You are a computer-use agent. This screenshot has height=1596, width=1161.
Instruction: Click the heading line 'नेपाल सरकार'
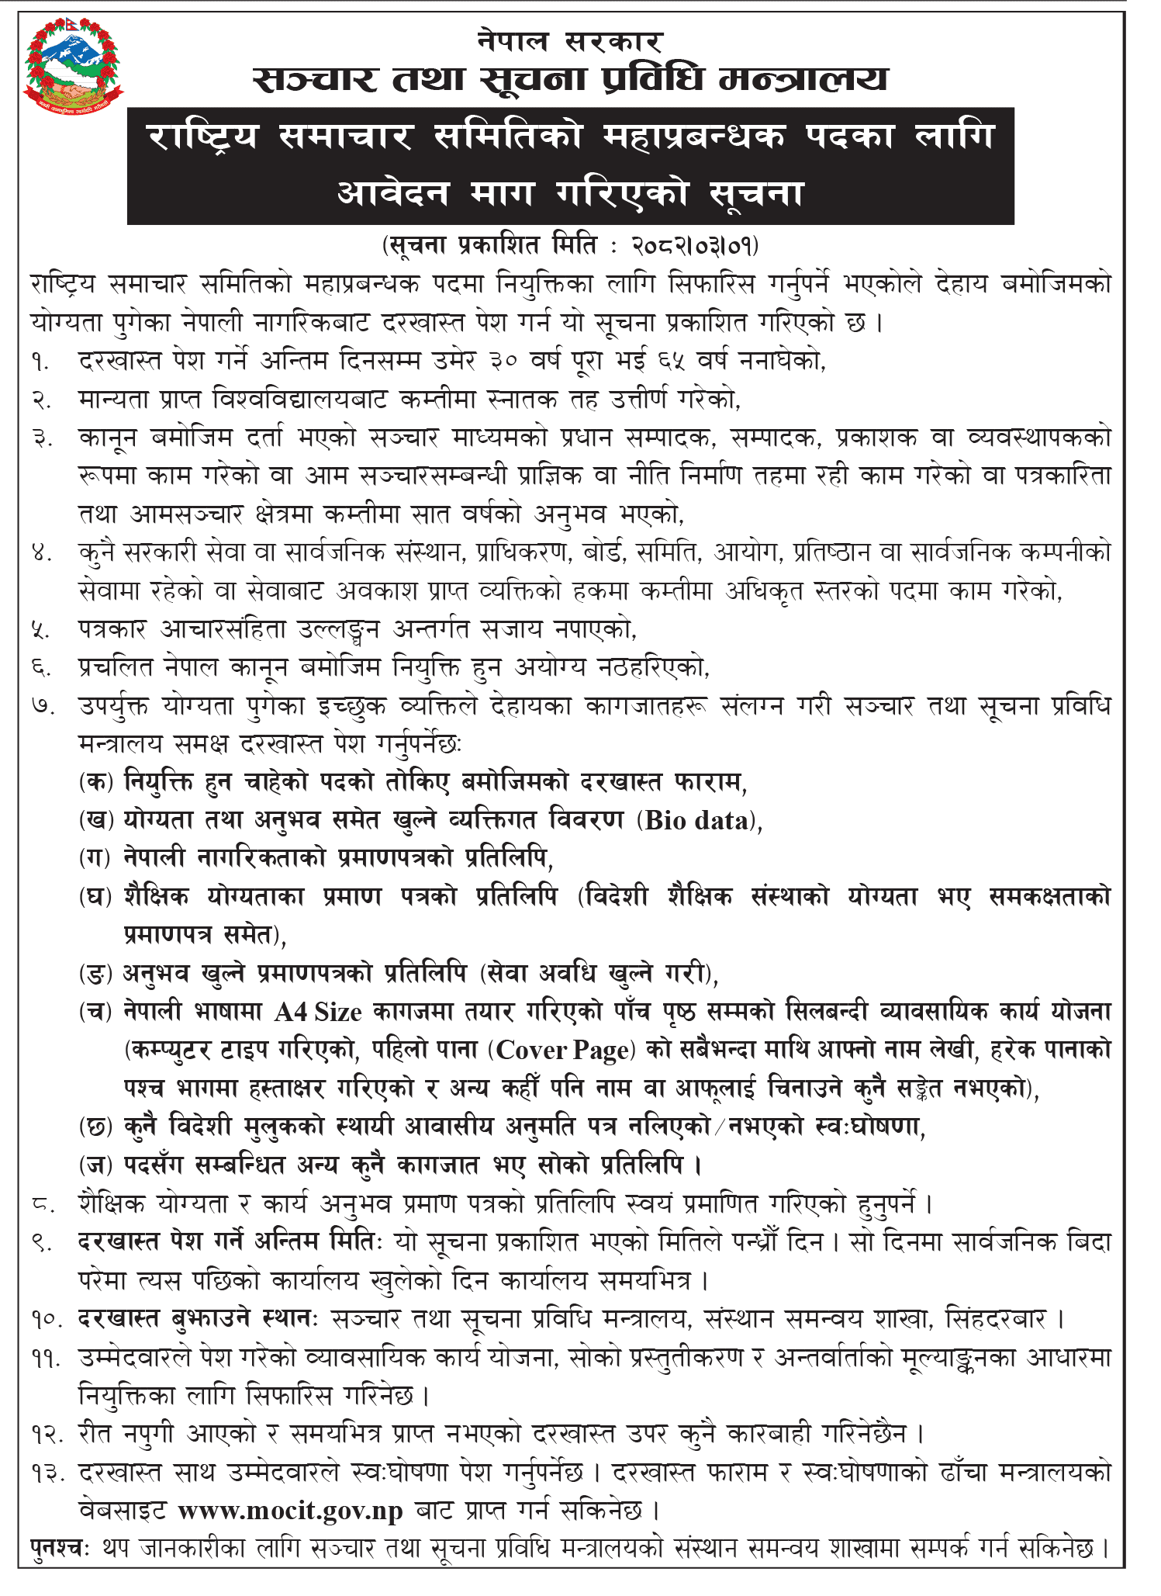[x=570, y=40]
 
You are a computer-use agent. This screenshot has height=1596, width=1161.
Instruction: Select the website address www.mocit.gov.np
[x=291, y=1511]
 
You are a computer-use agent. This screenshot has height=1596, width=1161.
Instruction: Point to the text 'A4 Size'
[x=318, y=1012]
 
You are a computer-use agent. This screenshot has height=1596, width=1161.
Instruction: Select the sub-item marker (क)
[x=96, y=782]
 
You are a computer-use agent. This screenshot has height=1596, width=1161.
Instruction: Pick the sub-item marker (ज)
[x=96, y=1165]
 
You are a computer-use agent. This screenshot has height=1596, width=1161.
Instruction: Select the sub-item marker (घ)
[x=96, y=897]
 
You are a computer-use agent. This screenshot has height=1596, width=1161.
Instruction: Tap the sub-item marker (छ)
[x=96, y=1127]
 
